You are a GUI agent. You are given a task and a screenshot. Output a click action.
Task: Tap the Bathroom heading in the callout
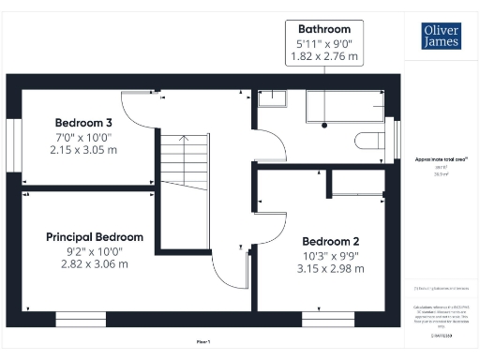pos(324,29)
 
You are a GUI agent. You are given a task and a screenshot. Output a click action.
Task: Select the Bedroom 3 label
pos(83,123)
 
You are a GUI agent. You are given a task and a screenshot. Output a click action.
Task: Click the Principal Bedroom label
pos(95,237)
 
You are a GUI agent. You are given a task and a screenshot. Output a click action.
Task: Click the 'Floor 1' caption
pos(203,341)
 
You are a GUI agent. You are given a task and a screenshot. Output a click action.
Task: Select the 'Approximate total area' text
pos(441,159)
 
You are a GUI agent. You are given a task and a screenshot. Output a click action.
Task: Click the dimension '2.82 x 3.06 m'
pos(95,263)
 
